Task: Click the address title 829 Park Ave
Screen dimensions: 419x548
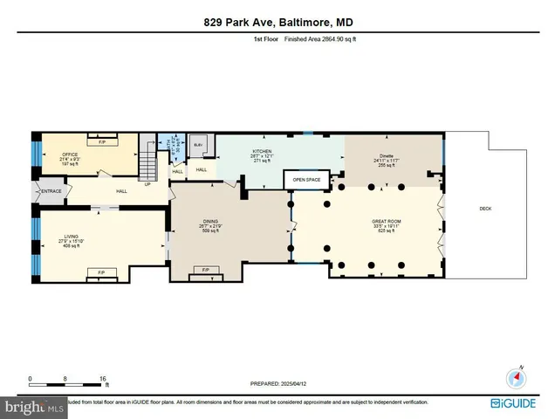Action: point(274,24)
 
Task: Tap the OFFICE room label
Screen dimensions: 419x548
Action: point(69,155)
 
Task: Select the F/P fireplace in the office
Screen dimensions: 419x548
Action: point(102,141)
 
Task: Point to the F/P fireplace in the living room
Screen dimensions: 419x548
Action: point(101,273)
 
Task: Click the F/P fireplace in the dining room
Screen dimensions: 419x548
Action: point(206,270)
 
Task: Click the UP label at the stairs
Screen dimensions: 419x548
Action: point(147,183)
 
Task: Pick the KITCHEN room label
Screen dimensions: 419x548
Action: point(263,151)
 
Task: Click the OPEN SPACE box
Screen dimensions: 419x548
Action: point(307,180)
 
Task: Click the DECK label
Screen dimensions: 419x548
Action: point(485,209)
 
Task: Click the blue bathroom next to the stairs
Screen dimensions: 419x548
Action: point(168,144)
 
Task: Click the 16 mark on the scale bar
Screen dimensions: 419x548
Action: point(103,379)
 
